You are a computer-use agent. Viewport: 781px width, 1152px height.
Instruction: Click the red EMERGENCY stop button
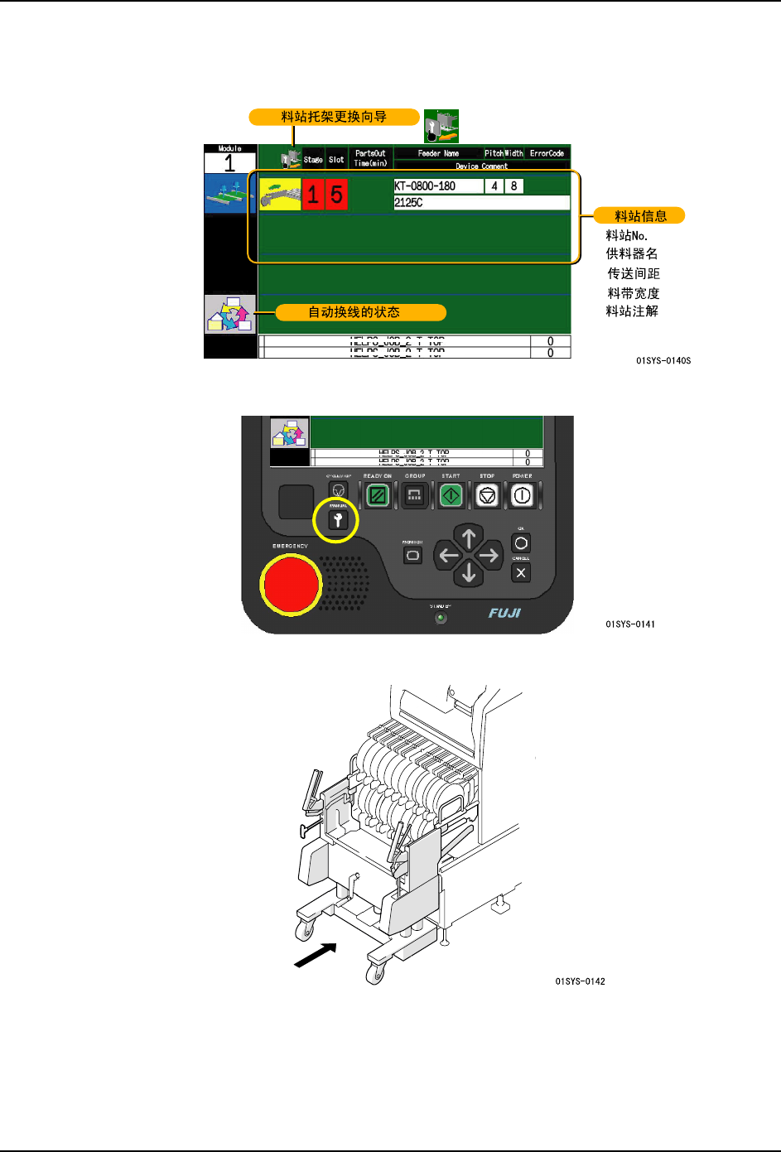(291, 584)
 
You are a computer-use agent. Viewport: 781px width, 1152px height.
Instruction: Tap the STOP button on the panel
(487, 495)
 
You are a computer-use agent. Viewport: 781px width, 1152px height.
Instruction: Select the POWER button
(522, 495)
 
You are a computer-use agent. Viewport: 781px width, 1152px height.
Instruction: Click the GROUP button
(414, 495)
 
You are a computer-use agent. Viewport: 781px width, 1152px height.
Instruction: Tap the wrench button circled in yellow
(337, 520)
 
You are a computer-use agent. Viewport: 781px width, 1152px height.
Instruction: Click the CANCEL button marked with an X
(521, 572)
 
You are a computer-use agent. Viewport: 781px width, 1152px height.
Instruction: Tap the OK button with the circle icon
(521, 543)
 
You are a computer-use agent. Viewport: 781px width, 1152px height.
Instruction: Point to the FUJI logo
(504, 613)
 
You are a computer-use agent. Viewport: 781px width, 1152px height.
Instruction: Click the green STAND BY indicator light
(441, 618)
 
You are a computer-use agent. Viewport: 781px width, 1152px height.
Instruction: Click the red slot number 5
(336, 195)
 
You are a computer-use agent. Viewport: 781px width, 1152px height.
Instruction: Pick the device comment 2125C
(409, 202)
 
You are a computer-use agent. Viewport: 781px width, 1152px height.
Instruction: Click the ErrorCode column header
(547, 153)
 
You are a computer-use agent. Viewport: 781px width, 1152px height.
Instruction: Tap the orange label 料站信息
(640, 216)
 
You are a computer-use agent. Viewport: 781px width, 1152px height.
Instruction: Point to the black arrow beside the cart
(316, 956)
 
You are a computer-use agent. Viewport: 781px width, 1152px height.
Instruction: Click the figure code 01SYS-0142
(580, 981)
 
